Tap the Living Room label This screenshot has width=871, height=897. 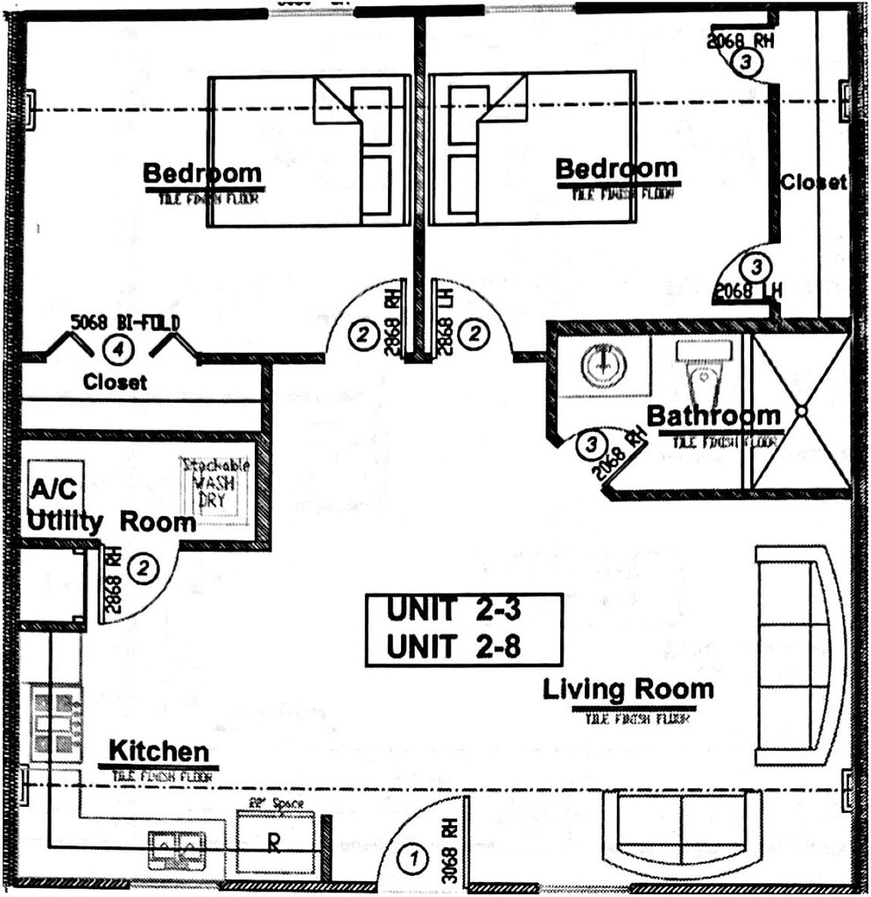tap(628, 689)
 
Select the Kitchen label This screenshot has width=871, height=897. tap(158, 752)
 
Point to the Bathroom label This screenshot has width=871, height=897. tap(713, 415)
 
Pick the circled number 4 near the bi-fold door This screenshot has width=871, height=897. tap(115, 349)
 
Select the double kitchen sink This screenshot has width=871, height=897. tap(176, 846)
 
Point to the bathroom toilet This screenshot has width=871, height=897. tap(703, 372)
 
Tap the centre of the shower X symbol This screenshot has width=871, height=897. tap(799, 410)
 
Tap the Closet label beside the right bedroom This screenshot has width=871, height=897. tap(813, 182)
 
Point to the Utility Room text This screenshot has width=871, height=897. tap(111, 522)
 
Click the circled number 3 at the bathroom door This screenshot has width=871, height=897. tap(593, 444)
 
